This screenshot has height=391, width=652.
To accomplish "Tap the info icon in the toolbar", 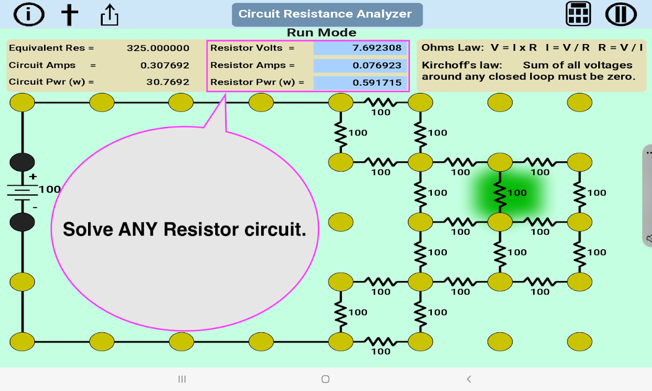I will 29,15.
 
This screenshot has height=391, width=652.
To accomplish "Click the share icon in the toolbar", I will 110,15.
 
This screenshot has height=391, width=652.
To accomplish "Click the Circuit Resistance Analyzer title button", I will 327,14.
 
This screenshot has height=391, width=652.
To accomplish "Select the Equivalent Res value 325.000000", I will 157,48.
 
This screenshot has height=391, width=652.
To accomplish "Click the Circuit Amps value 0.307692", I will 164,65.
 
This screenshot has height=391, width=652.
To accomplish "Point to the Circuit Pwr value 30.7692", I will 167,82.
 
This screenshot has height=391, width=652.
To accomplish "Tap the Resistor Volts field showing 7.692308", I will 360,48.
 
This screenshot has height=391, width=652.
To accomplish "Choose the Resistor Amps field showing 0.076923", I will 360,65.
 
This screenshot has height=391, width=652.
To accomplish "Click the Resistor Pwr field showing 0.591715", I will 360,83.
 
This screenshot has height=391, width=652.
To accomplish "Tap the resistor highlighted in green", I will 500,192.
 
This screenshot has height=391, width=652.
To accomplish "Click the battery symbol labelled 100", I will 22,192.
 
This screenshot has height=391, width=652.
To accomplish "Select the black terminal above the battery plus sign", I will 22,162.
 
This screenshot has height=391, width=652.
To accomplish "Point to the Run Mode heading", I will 321,33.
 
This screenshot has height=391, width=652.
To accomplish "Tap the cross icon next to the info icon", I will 69,15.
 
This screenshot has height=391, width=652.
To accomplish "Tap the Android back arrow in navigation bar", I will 469,379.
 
